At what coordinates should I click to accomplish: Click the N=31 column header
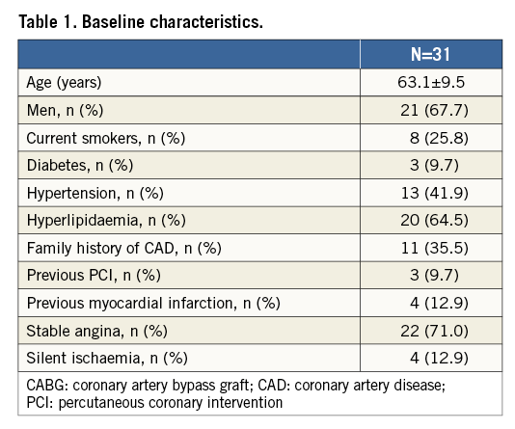click(430, 54)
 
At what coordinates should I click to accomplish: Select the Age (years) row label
click(64, 82)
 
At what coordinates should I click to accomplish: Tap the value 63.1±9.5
click(431, 82)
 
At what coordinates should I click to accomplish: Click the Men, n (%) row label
click(65, 110)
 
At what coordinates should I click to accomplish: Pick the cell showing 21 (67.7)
click(434, 110)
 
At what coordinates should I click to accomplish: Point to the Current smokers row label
click(106, 138)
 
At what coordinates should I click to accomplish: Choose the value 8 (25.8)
click(439, 138)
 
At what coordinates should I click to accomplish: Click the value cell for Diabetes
click(434, 165)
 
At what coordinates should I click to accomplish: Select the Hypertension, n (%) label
click(95, 193)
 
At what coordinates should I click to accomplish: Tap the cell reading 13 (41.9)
click(435, 193)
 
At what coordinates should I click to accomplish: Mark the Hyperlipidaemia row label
click(106, 220)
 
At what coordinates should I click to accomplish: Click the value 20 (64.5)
click(434, 220)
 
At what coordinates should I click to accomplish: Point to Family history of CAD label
click(124, 248)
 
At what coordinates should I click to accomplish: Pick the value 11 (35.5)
click(435, 248)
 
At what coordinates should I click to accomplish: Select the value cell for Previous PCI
click(434, 275)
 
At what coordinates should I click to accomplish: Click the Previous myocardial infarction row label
click(153, 303)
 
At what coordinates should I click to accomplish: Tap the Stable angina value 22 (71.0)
click(434, 331)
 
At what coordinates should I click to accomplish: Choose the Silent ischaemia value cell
click(439, 358)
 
